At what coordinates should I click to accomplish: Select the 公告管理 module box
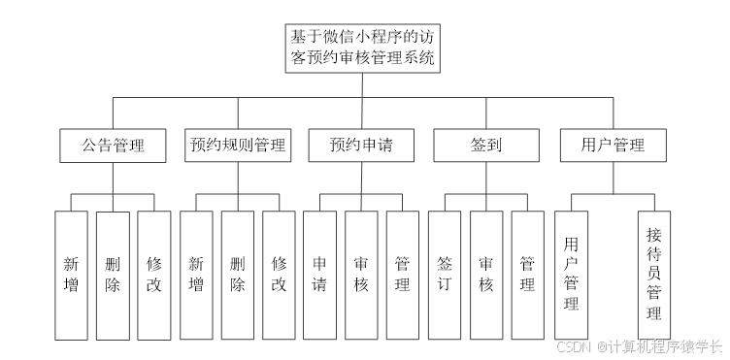(x=113, y=146)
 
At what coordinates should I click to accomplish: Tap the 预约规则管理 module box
(x=238, y=146)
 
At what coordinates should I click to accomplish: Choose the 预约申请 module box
(x=361, y=146)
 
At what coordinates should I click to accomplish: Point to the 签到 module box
(x=486, y=146)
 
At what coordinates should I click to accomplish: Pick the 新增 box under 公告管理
(x=72, y=275)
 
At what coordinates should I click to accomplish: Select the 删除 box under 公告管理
(x=113, y=275)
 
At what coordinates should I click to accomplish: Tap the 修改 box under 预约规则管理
(x=280, y=275)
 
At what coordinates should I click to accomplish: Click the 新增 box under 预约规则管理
(x=196, y=275)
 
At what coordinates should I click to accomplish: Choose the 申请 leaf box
(x=320, y=275)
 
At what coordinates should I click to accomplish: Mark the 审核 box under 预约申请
(x=361, y=275)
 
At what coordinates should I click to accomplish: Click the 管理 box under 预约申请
(x=403, y=275)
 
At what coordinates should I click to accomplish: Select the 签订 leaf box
(x=445, y=275)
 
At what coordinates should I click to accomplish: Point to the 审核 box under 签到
(x=486, y=275)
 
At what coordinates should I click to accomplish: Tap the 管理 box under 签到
(x=528, y=275)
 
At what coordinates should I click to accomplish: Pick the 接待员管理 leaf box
(x=654, y=274)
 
